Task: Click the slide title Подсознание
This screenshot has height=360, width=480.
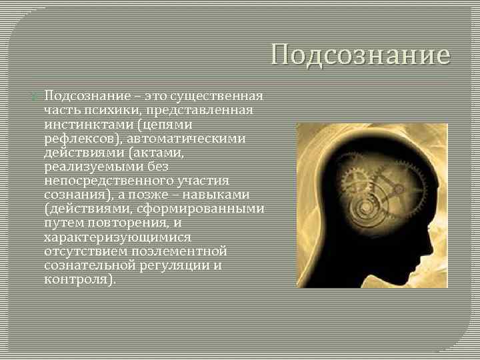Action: point(361,55)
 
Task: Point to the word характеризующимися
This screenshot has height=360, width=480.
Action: point(117,237)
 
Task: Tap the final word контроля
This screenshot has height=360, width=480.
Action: point(79,279)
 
